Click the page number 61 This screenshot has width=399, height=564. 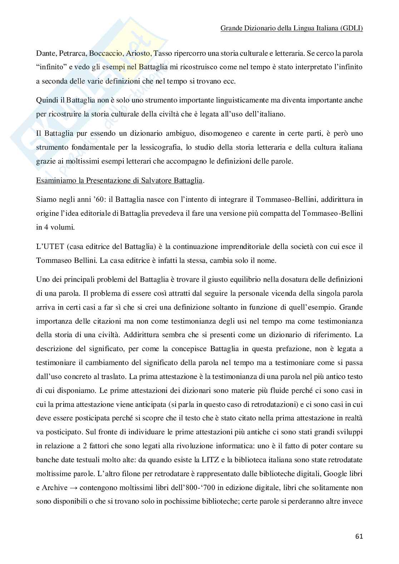(359, 536)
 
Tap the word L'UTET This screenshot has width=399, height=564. (46, 246)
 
